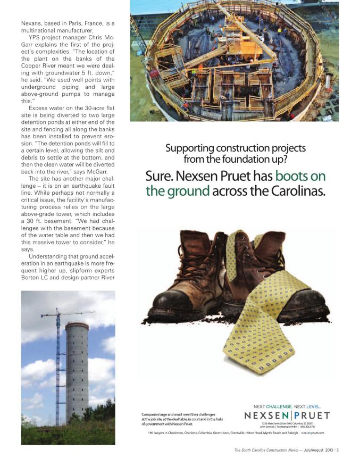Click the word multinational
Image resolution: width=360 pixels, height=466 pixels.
click(42, 31)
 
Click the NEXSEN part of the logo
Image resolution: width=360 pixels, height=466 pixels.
click(266, 415)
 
